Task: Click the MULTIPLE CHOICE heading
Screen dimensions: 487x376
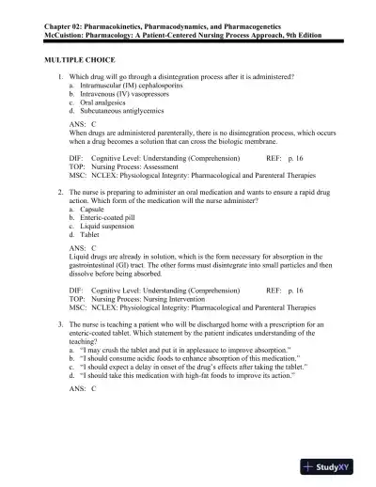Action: click(x=82, y=58)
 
